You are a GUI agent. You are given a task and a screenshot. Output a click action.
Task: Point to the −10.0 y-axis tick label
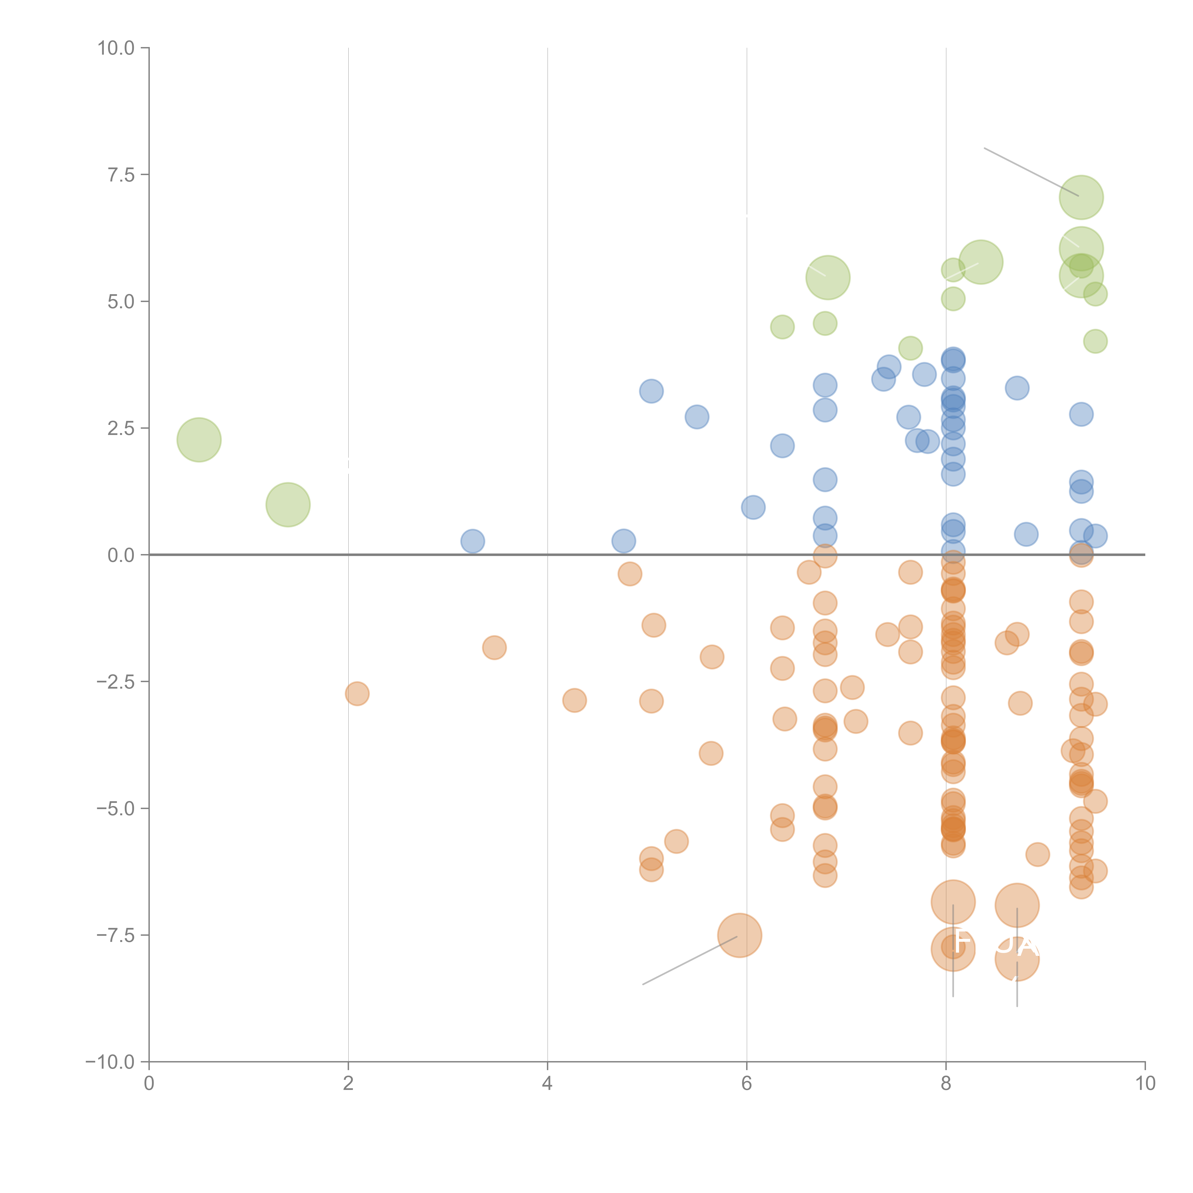point(110,1062)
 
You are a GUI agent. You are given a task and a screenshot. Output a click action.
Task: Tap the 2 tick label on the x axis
point(348,1084)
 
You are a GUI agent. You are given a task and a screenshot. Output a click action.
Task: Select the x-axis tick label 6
point(747,1084)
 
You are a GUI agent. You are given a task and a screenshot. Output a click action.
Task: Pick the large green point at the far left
point(199,440)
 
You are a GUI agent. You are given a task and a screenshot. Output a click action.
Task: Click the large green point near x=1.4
point(288,504)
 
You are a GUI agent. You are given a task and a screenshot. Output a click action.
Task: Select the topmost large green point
point(1081,197)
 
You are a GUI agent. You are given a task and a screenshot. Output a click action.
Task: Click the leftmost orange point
point(357,693)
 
